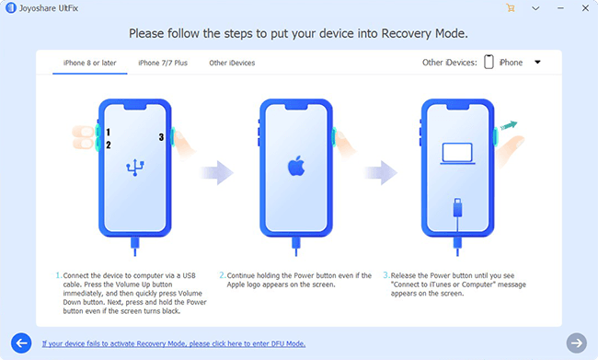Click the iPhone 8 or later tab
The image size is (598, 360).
89,63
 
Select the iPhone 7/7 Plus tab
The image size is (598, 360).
163,63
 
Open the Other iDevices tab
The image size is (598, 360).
232,63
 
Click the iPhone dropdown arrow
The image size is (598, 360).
537,63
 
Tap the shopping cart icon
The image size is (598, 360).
511,8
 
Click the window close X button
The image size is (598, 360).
585,8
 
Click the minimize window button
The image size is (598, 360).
560,8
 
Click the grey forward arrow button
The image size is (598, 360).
576,343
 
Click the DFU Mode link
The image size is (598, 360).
174,343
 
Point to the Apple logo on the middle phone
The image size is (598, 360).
296,166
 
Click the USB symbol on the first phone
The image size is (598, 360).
135,168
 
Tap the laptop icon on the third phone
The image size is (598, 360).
457,154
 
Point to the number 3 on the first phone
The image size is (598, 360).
161,137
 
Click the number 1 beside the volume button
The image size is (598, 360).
109,132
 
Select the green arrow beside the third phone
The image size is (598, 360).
509,125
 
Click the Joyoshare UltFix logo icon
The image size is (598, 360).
11,7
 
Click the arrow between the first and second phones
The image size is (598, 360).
216,173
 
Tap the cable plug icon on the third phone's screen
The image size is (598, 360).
457,208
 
